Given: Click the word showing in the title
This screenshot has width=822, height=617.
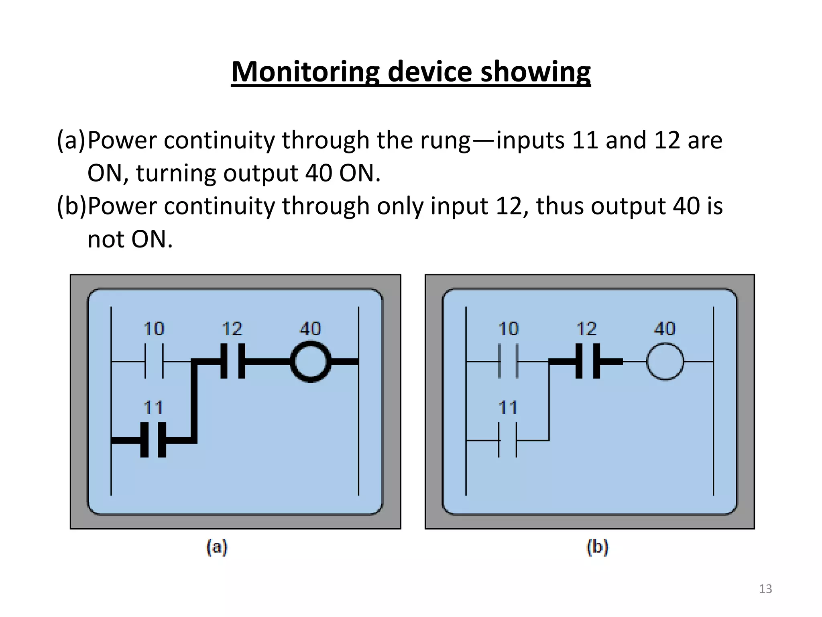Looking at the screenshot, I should click(535, 72).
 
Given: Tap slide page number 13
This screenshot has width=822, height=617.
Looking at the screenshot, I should click(765, 589).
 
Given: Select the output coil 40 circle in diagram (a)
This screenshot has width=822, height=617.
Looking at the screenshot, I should click(310, 362).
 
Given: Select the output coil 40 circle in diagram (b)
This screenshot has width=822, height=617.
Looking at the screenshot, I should click(665, 362).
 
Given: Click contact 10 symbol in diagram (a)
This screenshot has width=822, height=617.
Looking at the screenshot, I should click(154, 362).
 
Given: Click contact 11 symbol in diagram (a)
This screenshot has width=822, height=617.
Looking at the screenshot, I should click(153, 440).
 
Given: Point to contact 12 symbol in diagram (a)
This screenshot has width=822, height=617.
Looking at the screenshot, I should click(233, 361).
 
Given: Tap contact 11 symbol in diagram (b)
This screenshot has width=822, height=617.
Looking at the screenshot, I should click(508, 440).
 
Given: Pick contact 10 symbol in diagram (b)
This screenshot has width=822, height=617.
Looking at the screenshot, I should click(508, 361).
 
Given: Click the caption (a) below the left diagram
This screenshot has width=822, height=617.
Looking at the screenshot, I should click(217, 547).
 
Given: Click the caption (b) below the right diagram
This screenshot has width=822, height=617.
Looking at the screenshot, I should click(597, 547).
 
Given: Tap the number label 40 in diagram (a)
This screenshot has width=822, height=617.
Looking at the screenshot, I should click(310, 329).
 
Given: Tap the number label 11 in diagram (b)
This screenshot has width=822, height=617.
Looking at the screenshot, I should click(508, 408).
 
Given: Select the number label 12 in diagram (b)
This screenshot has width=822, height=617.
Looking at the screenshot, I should click(586, 329).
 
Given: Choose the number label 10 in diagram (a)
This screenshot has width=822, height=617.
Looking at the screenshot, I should click(154, 329).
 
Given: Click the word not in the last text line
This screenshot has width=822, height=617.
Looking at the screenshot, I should click(106, 240).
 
